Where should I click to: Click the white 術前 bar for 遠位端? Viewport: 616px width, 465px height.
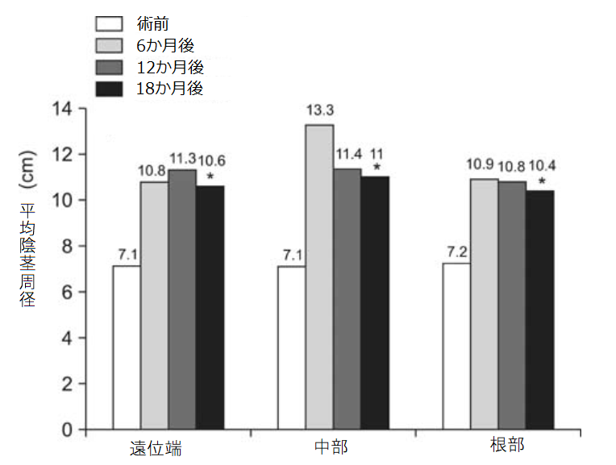click(127, 347)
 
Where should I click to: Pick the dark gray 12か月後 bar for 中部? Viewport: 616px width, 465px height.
click(347, 298)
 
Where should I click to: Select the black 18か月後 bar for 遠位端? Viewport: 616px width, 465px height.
click(210, 307)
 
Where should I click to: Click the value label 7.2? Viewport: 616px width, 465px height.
click(456, 252)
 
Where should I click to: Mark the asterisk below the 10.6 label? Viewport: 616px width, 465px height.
click(210, 176)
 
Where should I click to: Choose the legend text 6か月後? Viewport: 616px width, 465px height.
click(165, 45)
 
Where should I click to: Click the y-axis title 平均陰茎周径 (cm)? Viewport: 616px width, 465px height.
click(26, 242)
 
